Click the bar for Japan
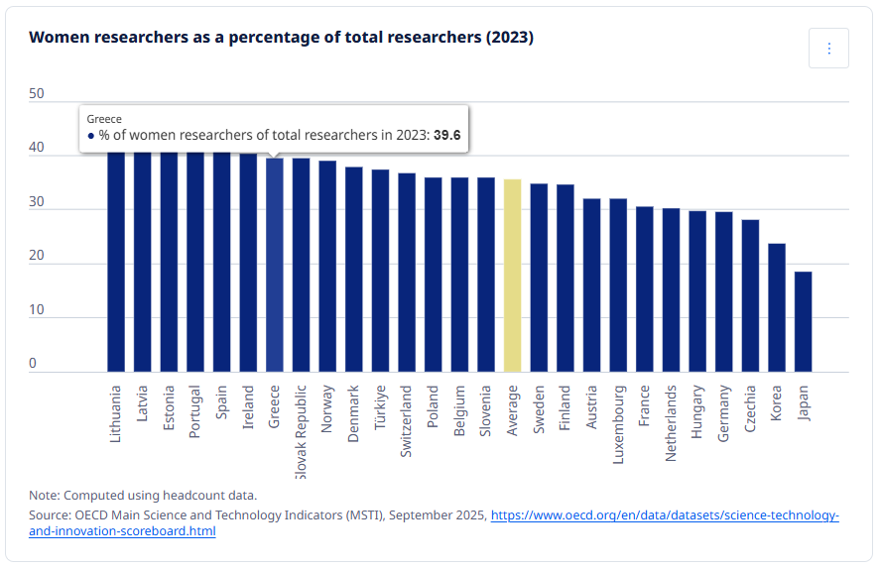803,321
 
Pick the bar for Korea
777,307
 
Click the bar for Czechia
750,295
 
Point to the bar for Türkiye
380,271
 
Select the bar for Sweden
539,278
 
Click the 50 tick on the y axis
37,94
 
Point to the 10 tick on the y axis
37,310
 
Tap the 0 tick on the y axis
33,364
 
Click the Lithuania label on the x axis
116,413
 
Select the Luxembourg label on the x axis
619,424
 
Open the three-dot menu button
828,49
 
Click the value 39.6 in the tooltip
446,136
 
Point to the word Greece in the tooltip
104,119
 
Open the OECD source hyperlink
665,516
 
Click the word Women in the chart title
58,38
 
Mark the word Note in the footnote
44,495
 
